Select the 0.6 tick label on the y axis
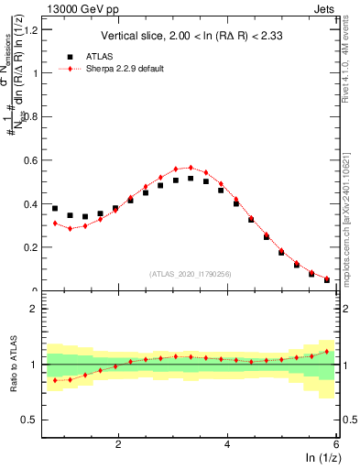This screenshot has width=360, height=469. pos(29,160)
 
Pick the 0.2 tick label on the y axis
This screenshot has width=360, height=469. pos(29,247)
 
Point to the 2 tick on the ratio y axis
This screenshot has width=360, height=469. pos(33,309)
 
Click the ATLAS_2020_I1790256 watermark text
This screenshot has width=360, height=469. pos(191,273)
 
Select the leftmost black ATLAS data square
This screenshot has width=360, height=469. pos(55,208)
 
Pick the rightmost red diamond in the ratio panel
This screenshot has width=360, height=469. pos(326,351)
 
